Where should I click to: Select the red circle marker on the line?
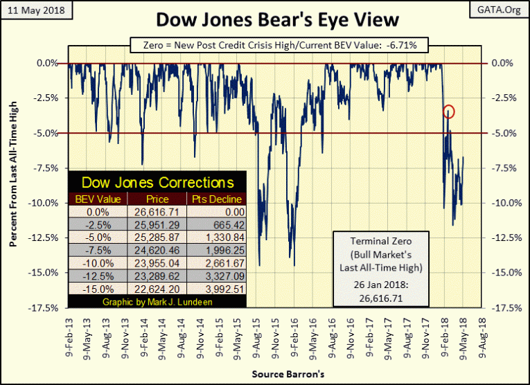click(x=449, y=111)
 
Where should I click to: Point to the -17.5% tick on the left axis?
click(x=48, y=307)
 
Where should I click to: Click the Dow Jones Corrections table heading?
click(x=158, y=183)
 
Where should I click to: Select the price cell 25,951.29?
click(x=158, y=225)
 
